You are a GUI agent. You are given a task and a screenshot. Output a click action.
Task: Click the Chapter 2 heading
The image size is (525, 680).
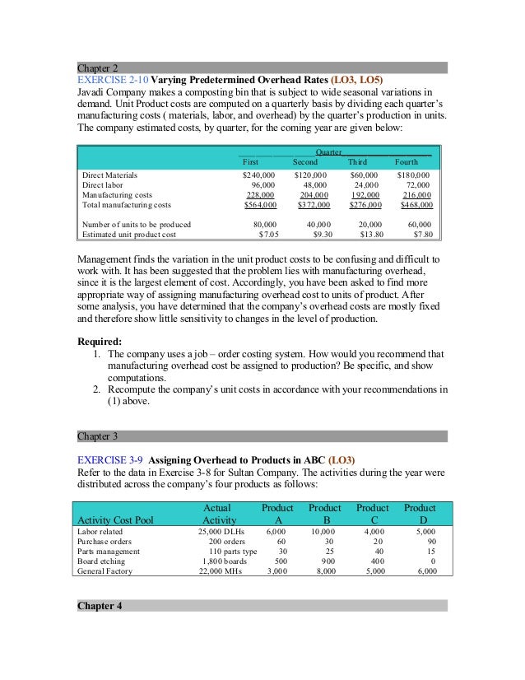click(x=98, y=68)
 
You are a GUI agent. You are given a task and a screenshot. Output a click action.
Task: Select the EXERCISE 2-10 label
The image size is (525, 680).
click(x=110, y=80)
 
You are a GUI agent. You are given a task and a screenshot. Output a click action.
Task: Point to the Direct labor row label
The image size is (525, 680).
click(x=102, y=185)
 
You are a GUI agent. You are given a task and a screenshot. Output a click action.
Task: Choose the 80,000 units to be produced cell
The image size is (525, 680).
click(x=263, y=224)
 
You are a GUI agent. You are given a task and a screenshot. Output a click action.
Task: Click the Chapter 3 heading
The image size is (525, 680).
click(x=98, y=435)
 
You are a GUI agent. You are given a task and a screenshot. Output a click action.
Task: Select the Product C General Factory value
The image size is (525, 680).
click(x=374, y=571)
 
